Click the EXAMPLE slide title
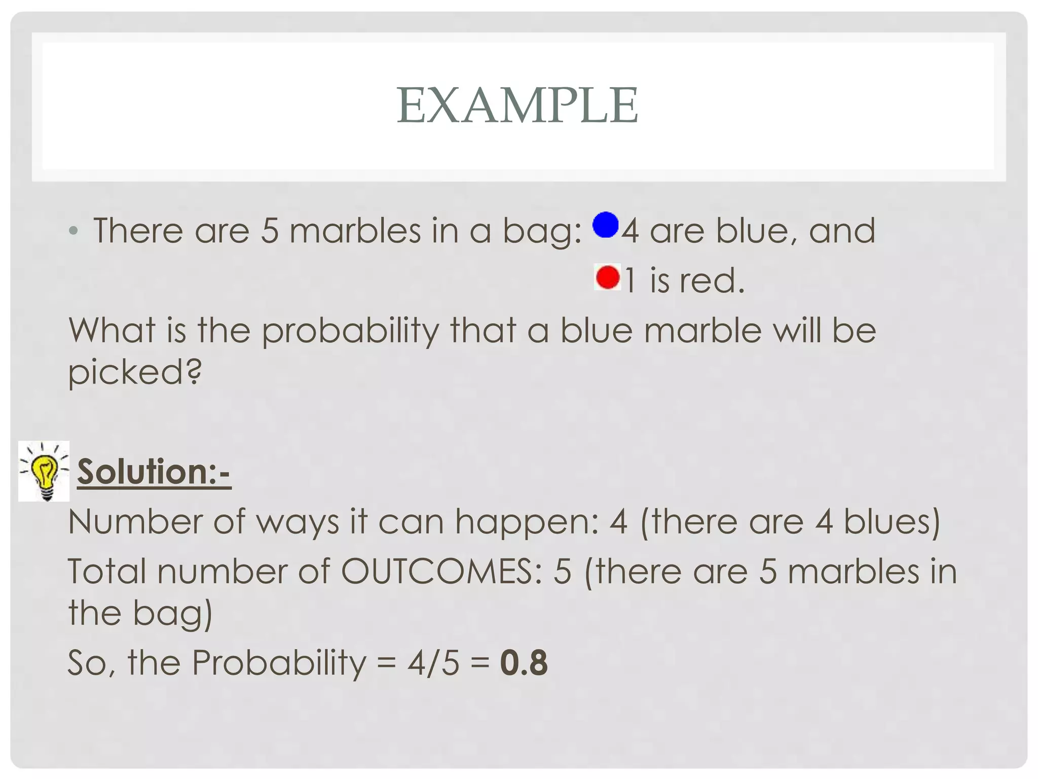(x=517, y=105)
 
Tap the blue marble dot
(x=606, y=225)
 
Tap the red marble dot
(x=608, y=277)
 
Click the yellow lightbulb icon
(x=44, y=471)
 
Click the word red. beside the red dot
(x=712, y=280)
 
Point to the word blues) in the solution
(x=892, y=522)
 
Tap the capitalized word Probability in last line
(x=279, y=663)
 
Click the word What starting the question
(x=112, y=331)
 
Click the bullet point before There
(x=74, y=231)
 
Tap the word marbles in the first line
(x=355, y=231)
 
